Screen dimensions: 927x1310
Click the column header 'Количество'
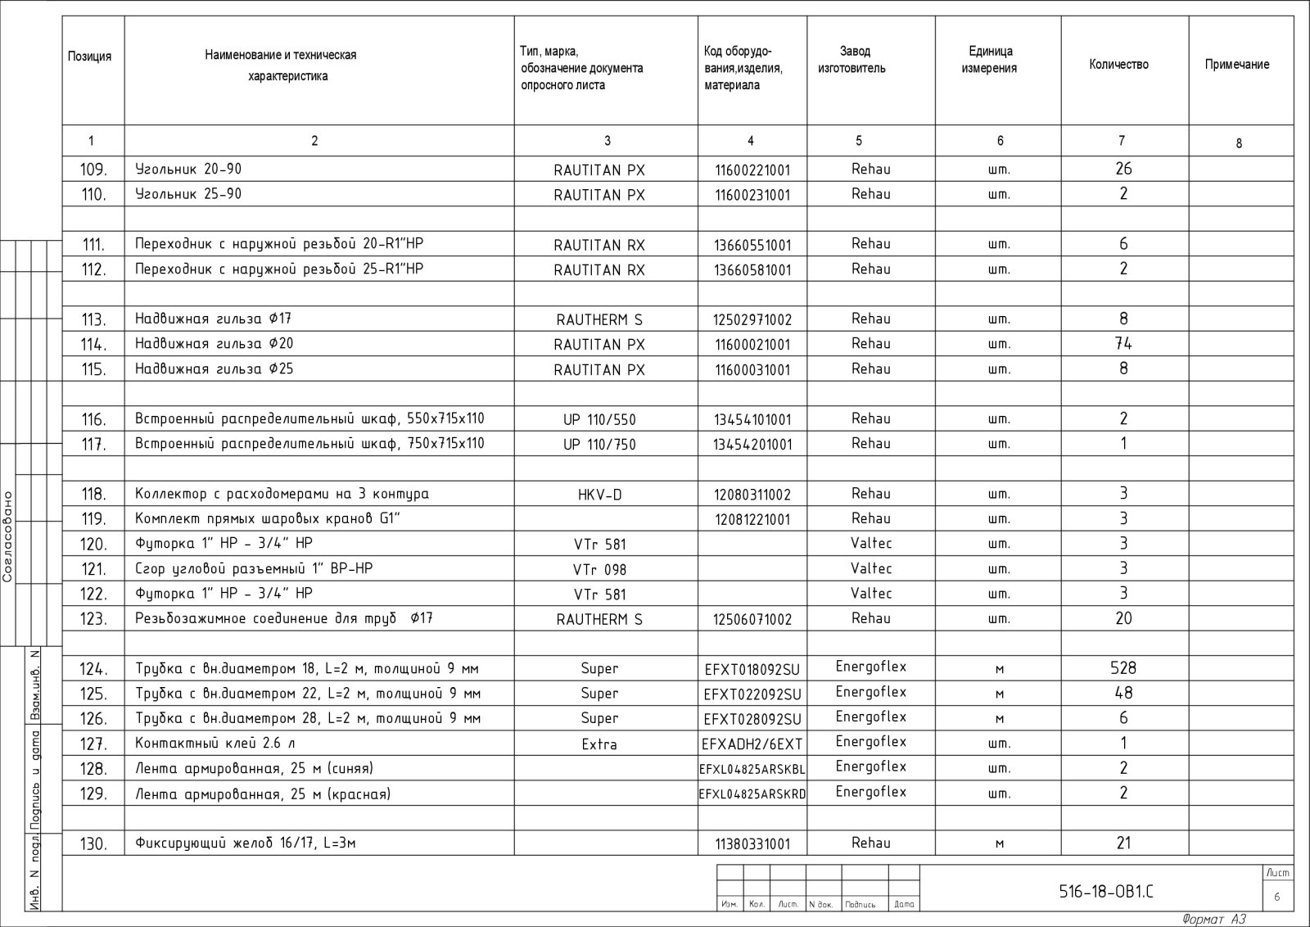coord(1118,65)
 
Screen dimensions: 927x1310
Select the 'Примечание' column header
coord(1236,65)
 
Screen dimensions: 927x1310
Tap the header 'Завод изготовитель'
coord(852,60)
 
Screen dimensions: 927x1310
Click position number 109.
coord(93,170)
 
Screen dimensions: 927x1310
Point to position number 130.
coord(93,843)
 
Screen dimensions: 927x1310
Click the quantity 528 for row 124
coord(1123,668)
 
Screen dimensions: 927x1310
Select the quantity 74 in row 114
coord(1123,344)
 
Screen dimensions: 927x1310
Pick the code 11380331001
coord(752,843)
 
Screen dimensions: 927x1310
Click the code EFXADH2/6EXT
coord(752,744)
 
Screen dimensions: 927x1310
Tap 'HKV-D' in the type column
coord(600,495)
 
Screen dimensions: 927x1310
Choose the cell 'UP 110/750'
coord(600,445)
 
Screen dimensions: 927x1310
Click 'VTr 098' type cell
coord(600,569)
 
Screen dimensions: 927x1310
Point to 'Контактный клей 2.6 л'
coord(215,744)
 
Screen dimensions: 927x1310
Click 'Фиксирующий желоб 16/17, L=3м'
coord(246,843)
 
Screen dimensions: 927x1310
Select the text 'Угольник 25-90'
coord(188,194)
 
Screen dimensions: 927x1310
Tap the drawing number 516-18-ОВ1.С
coord(1107,892)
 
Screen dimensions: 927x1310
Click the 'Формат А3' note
coord(1214,919)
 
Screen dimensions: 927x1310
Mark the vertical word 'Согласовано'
coord(8,536)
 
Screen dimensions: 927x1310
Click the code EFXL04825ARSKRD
coord(752,794)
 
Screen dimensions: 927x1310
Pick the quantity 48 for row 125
coord(1123,693)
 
